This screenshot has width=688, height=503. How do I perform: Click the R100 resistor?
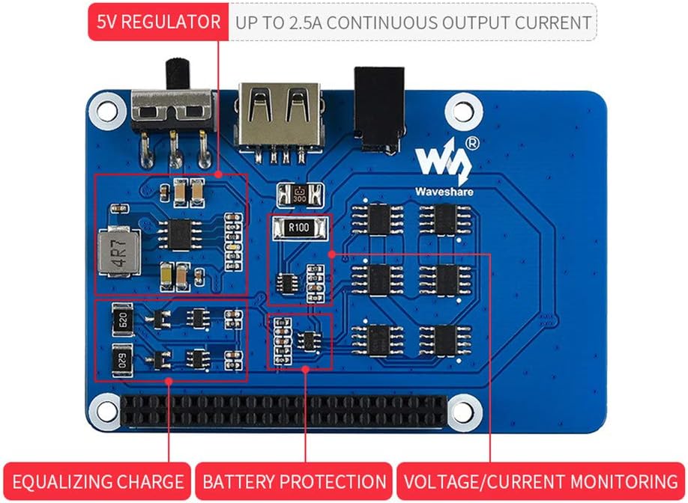coord(299,228)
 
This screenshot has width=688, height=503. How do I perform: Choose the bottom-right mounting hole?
coord(463,409)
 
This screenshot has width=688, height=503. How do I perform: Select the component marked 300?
coord(299,195)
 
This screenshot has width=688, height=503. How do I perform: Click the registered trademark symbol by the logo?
coord(472,141)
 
